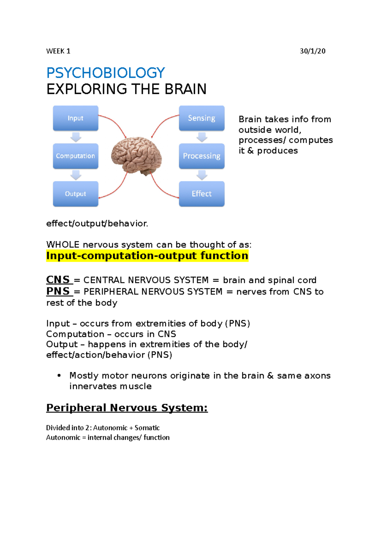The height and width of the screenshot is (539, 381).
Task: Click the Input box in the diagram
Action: coord(76,118)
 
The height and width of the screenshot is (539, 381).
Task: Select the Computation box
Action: coord(76,156)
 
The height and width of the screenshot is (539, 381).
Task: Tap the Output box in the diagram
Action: coord(76,194)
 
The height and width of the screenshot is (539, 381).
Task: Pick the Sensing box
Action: coord(202,118)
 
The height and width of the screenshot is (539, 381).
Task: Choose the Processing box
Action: coord(202,156)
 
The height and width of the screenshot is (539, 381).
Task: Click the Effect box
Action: coord(202,194)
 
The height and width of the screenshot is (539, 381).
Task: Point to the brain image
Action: coord(137,156)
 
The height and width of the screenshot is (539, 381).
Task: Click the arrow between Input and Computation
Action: coord(76,137)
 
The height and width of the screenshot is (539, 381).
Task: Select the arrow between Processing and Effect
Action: coord(202,175)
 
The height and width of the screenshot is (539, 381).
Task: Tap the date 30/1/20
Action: coord(312,51)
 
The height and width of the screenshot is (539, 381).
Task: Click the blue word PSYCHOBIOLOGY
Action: coord(105,73)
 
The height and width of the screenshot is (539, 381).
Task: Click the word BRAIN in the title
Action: coord(185,89)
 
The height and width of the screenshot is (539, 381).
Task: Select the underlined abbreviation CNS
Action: coord(58,280)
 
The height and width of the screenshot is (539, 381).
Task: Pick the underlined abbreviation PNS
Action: coord(58,291)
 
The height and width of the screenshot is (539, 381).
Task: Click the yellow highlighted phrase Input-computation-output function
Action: coord(147,256)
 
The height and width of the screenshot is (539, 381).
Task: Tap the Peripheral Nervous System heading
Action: coord(127,408)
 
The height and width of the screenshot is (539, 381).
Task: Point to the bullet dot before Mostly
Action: coord(59,376)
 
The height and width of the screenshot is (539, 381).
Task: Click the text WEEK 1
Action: coord(58,51)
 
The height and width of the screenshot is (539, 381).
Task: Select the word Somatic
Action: coord(147,428)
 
